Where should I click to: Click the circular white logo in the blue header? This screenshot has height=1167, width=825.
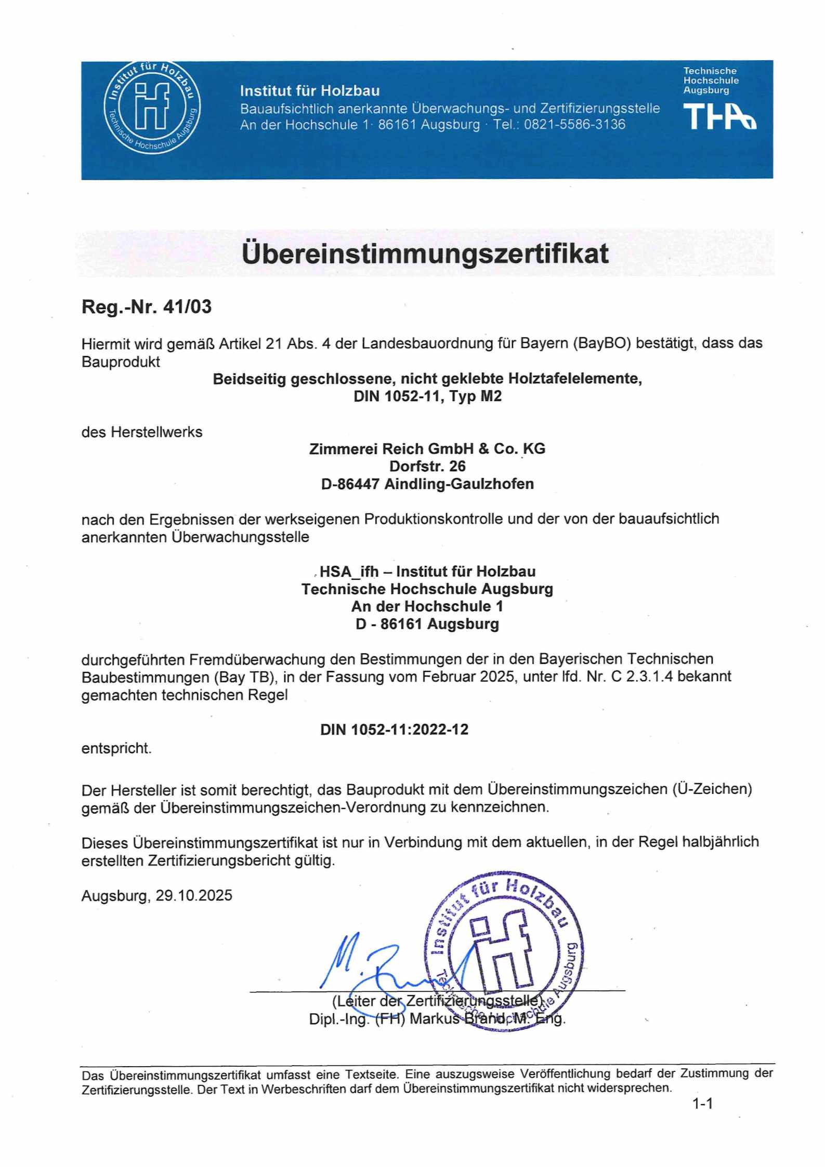tap(152, 108)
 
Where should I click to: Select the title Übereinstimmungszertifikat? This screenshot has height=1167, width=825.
tap(425, 253)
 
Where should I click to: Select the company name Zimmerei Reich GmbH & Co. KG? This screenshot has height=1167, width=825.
tap(427, 449)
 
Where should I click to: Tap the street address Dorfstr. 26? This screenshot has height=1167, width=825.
tap(427, 466)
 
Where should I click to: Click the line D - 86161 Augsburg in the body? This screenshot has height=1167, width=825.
tap(427, 624)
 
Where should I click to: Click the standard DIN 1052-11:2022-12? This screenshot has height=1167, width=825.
tap(394, 730)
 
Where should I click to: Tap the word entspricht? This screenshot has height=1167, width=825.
tap(116, 749)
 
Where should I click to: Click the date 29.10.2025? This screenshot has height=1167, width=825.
tap(193, 896)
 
